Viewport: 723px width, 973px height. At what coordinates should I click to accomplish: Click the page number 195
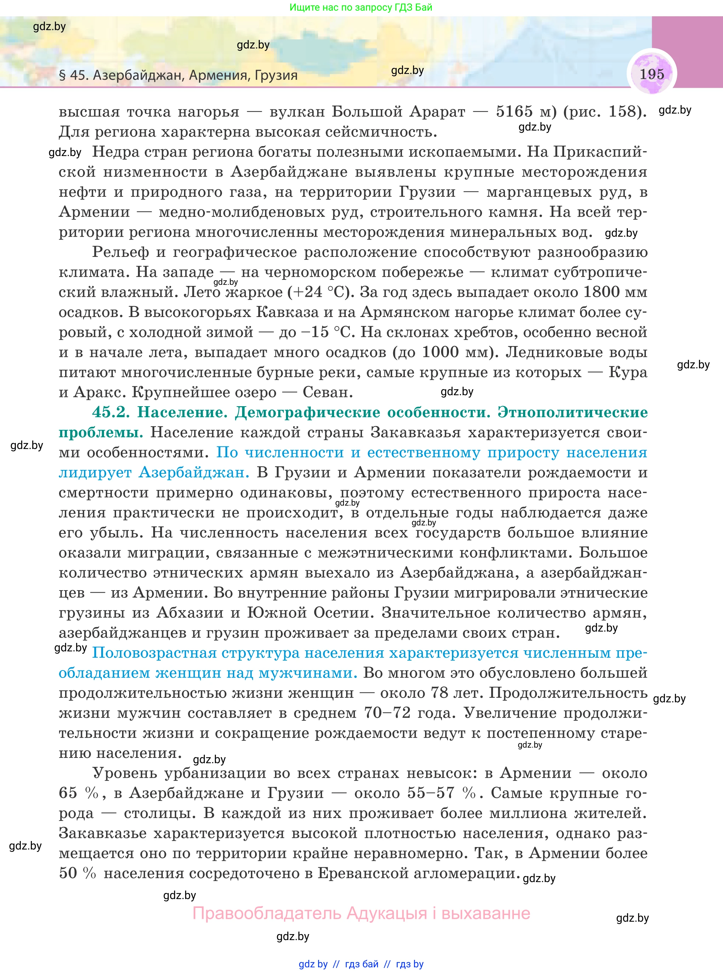point(652,74)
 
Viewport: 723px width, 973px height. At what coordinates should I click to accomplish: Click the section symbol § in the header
point(63,75)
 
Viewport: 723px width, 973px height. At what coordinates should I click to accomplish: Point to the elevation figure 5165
point(514,111)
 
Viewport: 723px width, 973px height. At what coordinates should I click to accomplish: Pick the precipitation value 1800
point(601,292)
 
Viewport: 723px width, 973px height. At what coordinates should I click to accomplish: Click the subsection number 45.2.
point(111,413)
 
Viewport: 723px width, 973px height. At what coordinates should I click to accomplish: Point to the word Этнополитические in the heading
point(573,413)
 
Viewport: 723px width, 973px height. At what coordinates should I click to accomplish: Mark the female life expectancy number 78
point(439,693)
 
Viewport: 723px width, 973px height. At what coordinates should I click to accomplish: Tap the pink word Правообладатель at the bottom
point(266,914)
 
